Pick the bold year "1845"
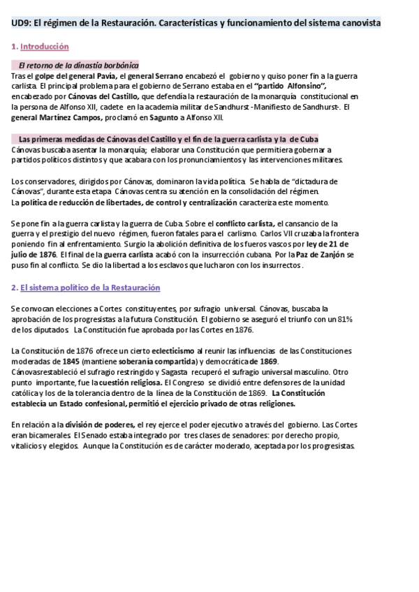point(70,361)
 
